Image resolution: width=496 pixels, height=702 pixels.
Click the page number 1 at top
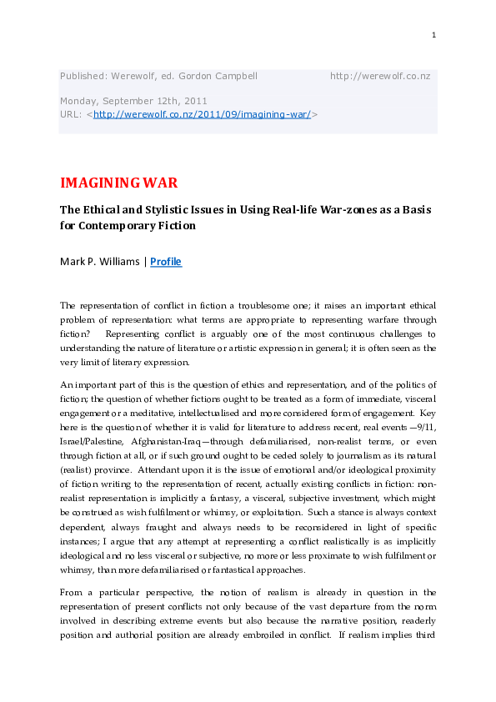click(x=434, y=34)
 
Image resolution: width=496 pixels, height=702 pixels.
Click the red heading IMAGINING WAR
click(x=118, y=183)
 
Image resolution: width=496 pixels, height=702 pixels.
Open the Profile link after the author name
click(x=166, y=262)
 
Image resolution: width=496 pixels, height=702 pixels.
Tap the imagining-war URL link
click(x=202, y=114)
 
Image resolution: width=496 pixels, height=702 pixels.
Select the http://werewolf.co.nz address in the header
click(x=380, y=77)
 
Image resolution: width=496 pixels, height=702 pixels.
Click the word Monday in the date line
click(x=78, y=101)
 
